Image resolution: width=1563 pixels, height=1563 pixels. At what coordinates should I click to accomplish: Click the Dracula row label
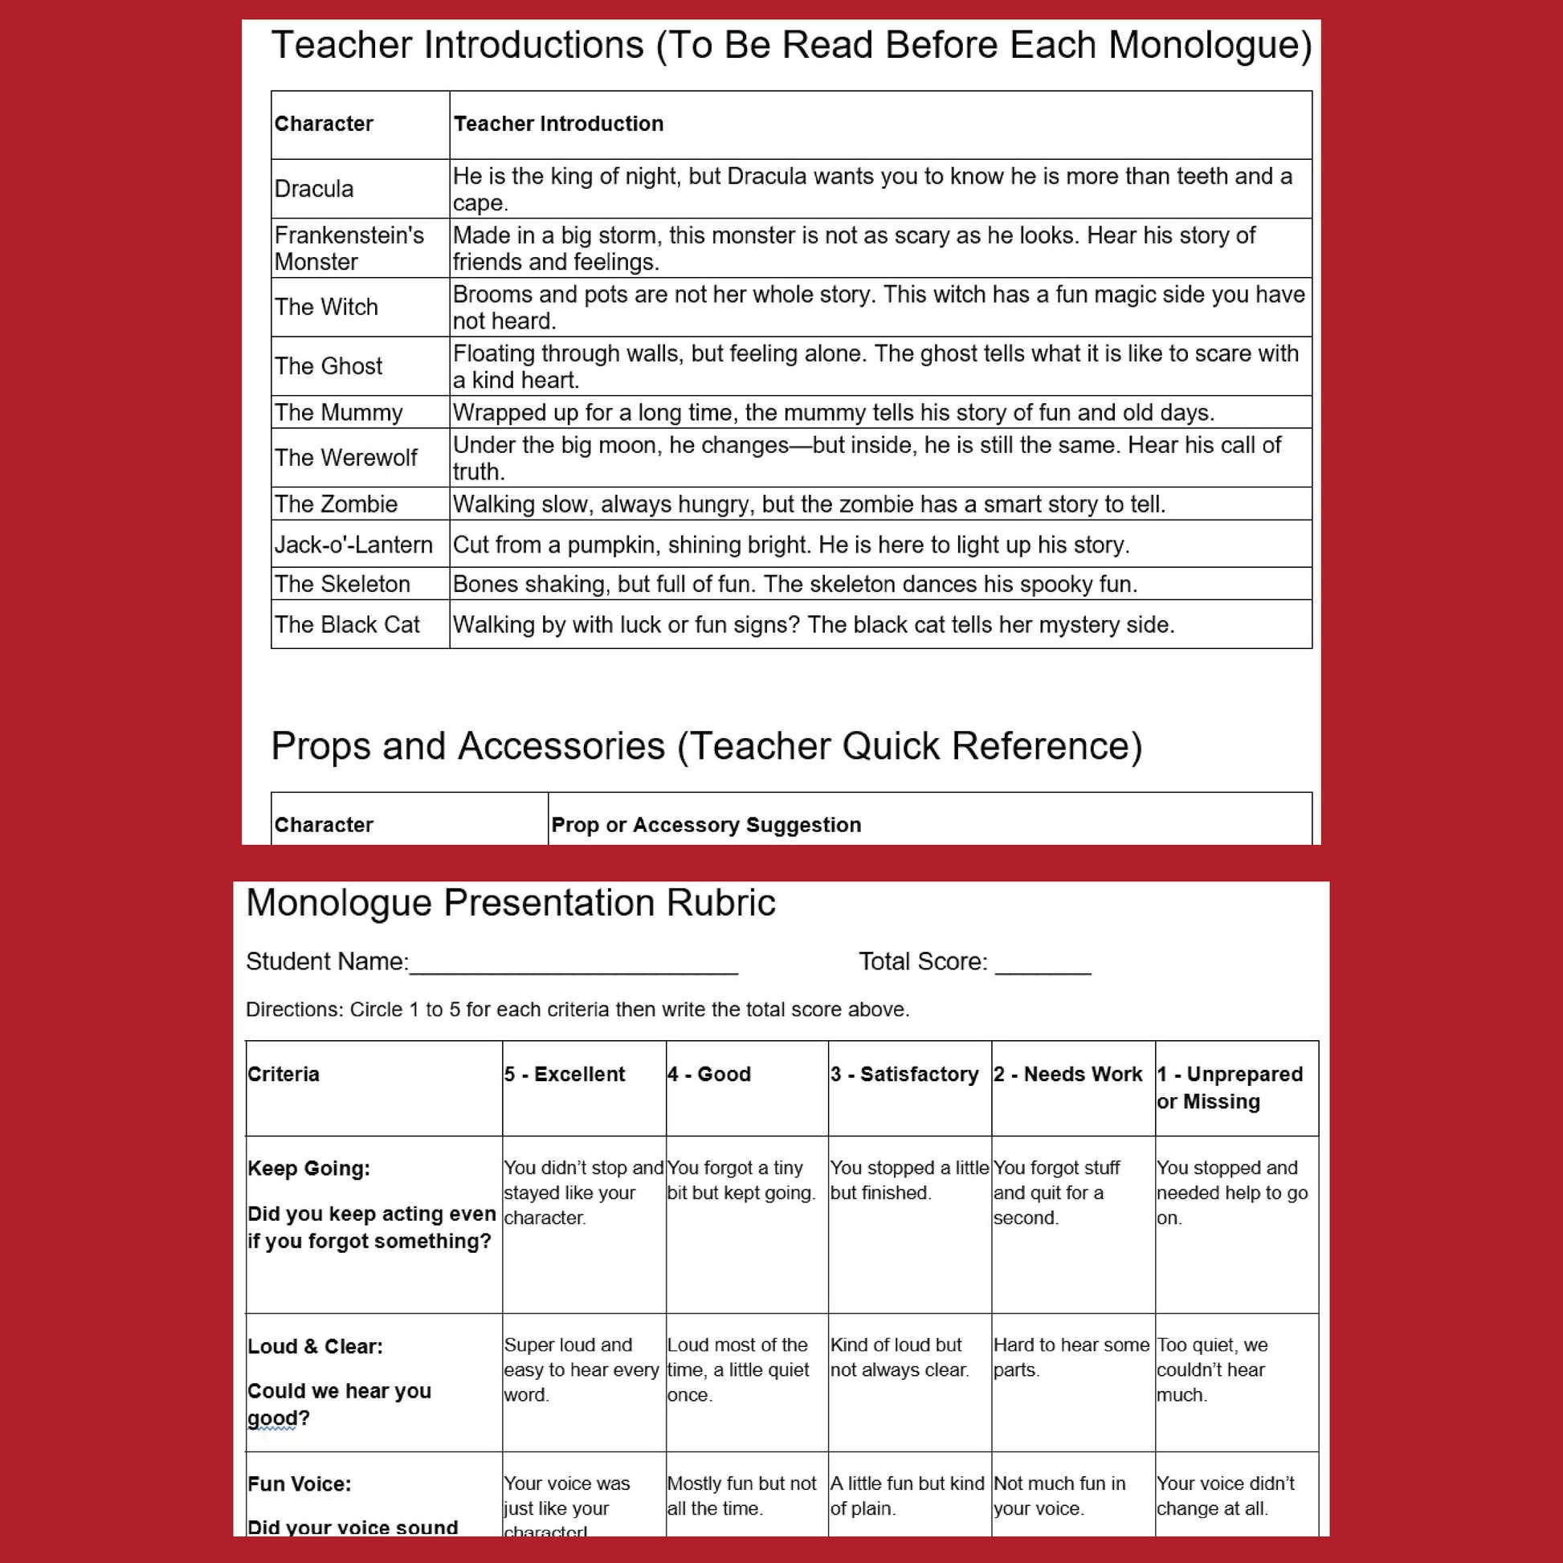[x=314, y=189]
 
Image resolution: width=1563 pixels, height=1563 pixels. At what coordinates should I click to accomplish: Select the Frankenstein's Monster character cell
[x=349, y=248]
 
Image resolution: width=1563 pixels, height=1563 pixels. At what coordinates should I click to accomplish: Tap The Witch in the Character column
[x=326, y=307]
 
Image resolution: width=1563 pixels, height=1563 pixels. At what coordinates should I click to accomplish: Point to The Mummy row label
[x=338, y=413]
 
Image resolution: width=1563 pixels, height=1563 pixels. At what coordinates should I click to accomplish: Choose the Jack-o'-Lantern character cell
[x=353, y=545]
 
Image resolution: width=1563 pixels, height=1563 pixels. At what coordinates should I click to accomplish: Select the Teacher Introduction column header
[x=558, y=124]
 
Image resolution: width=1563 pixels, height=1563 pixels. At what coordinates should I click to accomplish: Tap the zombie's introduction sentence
[x=809, y=504]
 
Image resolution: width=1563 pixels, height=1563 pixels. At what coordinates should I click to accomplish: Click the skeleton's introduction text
[x=794, y=584]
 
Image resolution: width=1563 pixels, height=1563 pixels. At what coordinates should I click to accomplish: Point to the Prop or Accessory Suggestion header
[x=705, y=824]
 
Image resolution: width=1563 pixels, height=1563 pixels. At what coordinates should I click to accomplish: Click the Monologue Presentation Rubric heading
[x=511, y=903]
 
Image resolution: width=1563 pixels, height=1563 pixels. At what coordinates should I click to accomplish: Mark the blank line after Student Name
[x=573, y=964]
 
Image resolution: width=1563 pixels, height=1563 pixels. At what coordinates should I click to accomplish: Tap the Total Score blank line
[x=1043, y=964]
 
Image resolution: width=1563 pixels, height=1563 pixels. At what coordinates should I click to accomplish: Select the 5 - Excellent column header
[x=565, y=1075]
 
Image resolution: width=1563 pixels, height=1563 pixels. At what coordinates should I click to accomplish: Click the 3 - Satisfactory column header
[x=904, y=1075]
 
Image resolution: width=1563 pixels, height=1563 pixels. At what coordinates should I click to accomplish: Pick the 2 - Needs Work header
[x=1068, y=1075]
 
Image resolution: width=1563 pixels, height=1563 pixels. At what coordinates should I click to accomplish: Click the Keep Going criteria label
[x=309, y=1168]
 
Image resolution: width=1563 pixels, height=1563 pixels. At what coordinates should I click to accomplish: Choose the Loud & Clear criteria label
[x=316, y=1346]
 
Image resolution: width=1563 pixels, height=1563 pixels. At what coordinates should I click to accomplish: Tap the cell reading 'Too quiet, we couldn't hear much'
[x=1212, y=1369]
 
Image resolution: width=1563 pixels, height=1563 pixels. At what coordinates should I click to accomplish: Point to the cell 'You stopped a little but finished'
[x=909, y=1181]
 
